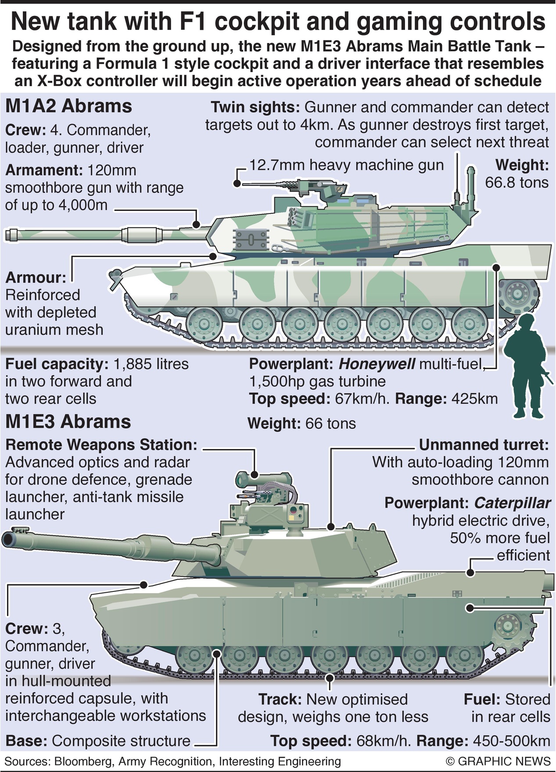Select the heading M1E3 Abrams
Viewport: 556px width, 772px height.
tap(68, 421)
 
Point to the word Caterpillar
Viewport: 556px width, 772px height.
tap(512, 503)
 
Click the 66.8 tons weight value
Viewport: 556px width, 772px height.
tap(517, 182)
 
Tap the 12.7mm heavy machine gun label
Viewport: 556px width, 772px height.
tap(346, 165)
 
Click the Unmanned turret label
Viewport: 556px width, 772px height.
tap(484, 445)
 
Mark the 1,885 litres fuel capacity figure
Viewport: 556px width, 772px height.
tap(151, 364)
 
